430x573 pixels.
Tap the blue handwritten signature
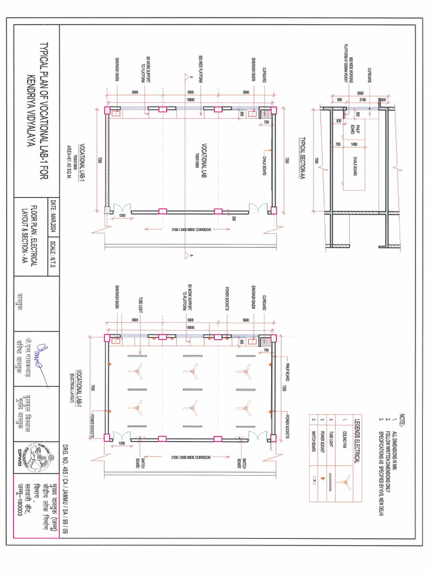pyautogui.click(x=39, y=362)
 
